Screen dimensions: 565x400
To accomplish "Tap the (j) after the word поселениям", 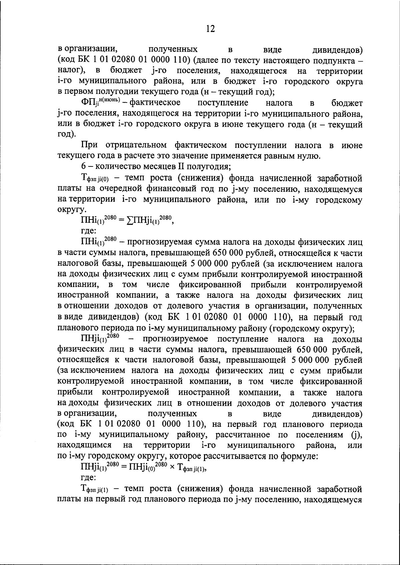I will coord(357,435).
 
